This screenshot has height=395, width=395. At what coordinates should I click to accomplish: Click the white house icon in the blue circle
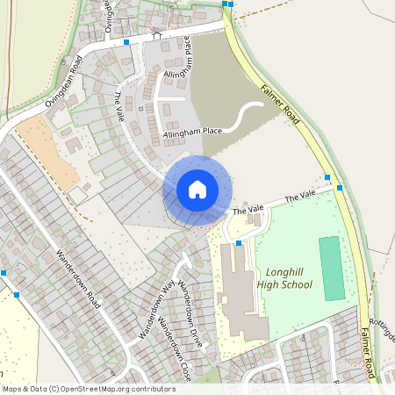click(197, 189)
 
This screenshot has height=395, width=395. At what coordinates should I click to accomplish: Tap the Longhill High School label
click(284, 278)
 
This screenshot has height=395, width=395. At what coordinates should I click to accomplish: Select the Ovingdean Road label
click(64, 83)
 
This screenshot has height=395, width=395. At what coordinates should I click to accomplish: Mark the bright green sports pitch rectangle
click(332, 267)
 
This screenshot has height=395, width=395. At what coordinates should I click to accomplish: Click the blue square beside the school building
click(238, 241)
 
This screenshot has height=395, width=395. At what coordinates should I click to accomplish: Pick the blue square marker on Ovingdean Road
click(127, 41)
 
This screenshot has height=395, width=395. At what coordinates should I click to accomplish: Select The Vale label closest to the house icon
click(248, 209)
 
